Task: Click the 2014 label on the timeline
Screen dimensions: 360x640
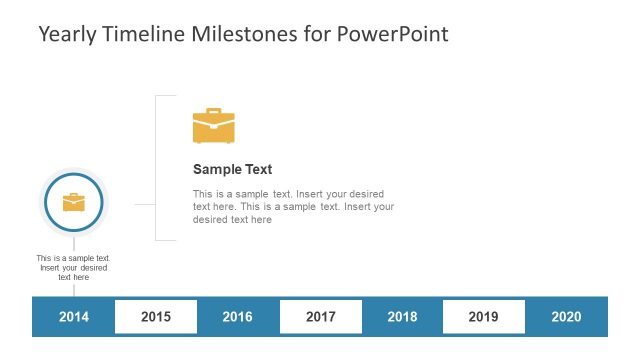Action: (74, 317)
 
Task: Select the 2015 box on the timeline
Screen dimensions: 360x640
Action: (156, 317)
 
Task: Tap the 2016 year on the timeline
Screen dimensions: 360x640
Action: (237, 317)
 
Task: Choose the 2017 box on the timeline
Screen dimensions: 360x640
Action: (320, 317)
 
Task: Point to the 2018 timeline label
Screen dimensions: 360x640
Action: (402, 317)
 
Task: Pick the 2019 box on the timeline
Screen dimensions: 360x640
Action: (483, 317)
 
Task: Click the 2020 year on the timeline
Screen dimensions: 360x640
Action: (566, 317)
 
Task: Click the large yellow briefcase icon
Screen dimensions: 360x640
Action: (213, 128)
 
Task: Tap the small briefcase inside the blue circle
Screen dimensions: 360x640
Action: (74, 203)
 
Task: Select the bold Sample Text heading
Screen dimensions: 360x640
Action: (232, 170)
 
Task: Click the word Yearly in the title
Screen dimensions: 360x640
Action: (68, 35)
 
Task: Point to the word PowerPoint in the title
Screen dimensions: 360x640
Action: (393, 34)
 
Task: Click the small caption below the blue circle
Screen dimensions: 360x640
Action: (74, 267)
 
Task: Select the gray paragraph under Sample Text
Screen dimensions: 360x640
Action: (292, 206)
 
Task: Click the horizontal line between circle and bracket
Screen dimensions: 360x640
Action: (144, 204)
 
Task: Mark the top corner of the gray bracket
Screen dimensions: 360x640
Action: (156, 96)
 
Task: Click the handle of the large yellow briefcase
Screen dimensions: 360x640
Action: (213, 112)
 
